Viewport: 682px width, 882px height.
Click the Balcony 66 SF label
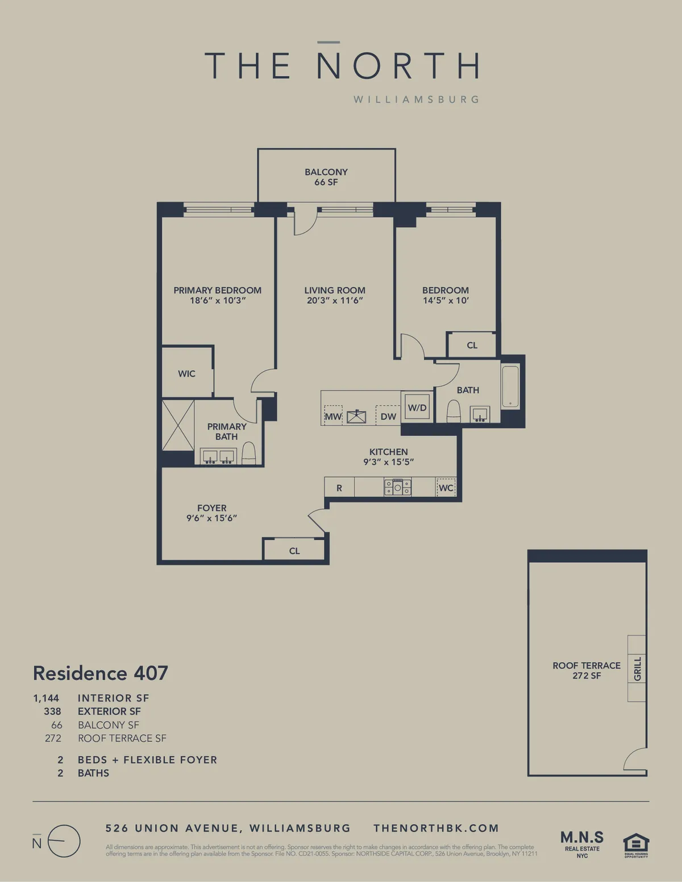(x=326, y=177)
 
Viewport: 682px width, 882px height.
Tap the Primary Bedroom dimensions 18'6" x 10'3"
(x=218, y=300)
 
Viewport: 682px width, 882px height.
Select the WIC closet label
(x=186, y=374)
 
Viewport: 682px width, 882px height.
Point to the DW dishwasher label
(x=388, y=416)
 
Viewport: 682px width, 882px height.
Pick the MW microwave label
(x=333, y=416)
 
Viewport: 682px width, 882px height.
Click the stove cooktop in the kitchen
(x=397, y=487)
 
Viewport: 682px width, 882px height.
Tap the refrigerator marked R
(x=339, y=488)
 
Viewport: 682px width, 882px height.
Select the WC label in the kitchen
(x=446, y=488)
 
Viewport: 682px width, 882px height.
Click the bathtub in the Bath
(x=510, y=387)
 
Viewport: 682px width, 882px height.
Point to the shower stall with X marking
(x=178, y=425)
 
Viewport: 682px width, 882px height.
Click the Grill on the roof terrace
(x=637, y=668)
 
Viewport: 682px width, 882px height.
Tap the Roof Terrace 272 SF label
(x=587, y=670)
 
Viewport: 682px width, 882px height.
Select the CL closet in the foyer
(x=294, y=550)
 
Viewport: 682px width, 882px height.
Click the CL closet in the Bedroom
(x=472, y=345)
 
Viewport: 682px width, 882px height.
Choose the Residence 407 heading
(x=101, y=673)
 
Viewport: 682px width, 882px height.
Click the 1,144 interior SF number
(x=46, y=698)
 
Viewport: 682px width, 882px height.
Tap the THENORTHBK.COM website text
(x=436, y=828)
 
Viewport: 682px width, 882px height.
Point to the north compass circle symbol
(x=64, y=841)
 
